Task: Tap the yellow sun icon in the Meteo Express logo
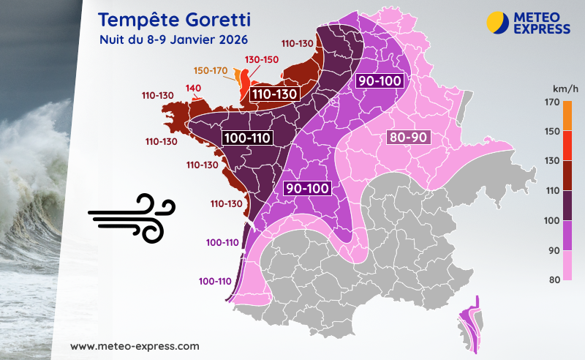coord(497,21)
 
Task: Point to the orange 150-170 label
coord(211,70)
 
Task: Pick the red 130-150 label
coord(262,59)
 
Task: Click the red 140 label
coord(193,89)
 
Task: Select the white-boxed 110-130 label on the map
coord(273,94)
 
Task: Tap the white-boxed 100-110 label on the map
coord(248,137)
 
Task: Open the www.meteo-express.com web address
coord(135,345)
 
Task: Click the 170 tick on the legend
coord(552,103)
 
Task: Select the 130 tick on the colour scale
coord(552,160)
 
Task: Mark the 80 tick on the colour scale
coord(552,280)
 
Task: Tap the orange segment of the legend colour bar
coord(567,117)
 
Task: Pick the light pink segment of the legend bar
coord(567,265)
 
